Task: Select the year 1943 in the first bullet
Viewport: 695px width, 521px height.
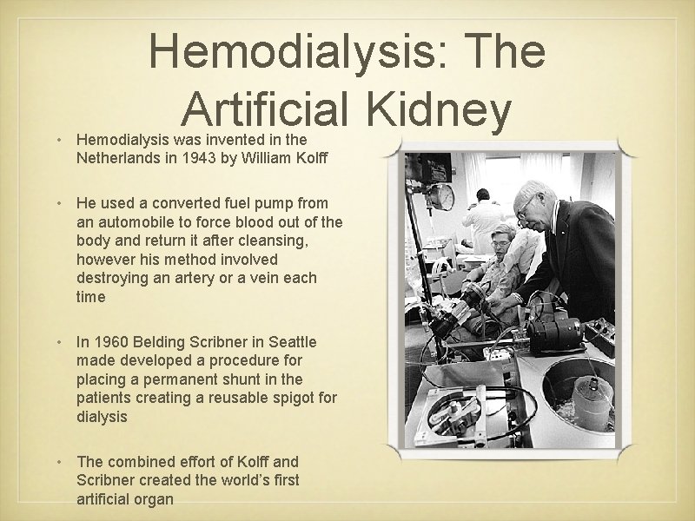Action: [x=195, y=158]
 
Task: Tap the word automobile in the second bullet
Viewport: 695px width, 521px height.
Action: [x=139, y=222]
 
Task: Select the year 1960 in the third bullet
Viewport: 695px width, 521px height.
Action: [x=110, y=341]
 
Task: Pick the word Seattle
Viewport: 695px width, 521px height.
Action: [x=292, y=341]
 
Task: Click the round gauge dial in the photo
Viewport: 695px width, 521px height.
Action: [x=441, y=196]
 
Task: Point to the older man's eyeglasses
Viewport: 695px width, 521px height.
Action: [x=526, y=208]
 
